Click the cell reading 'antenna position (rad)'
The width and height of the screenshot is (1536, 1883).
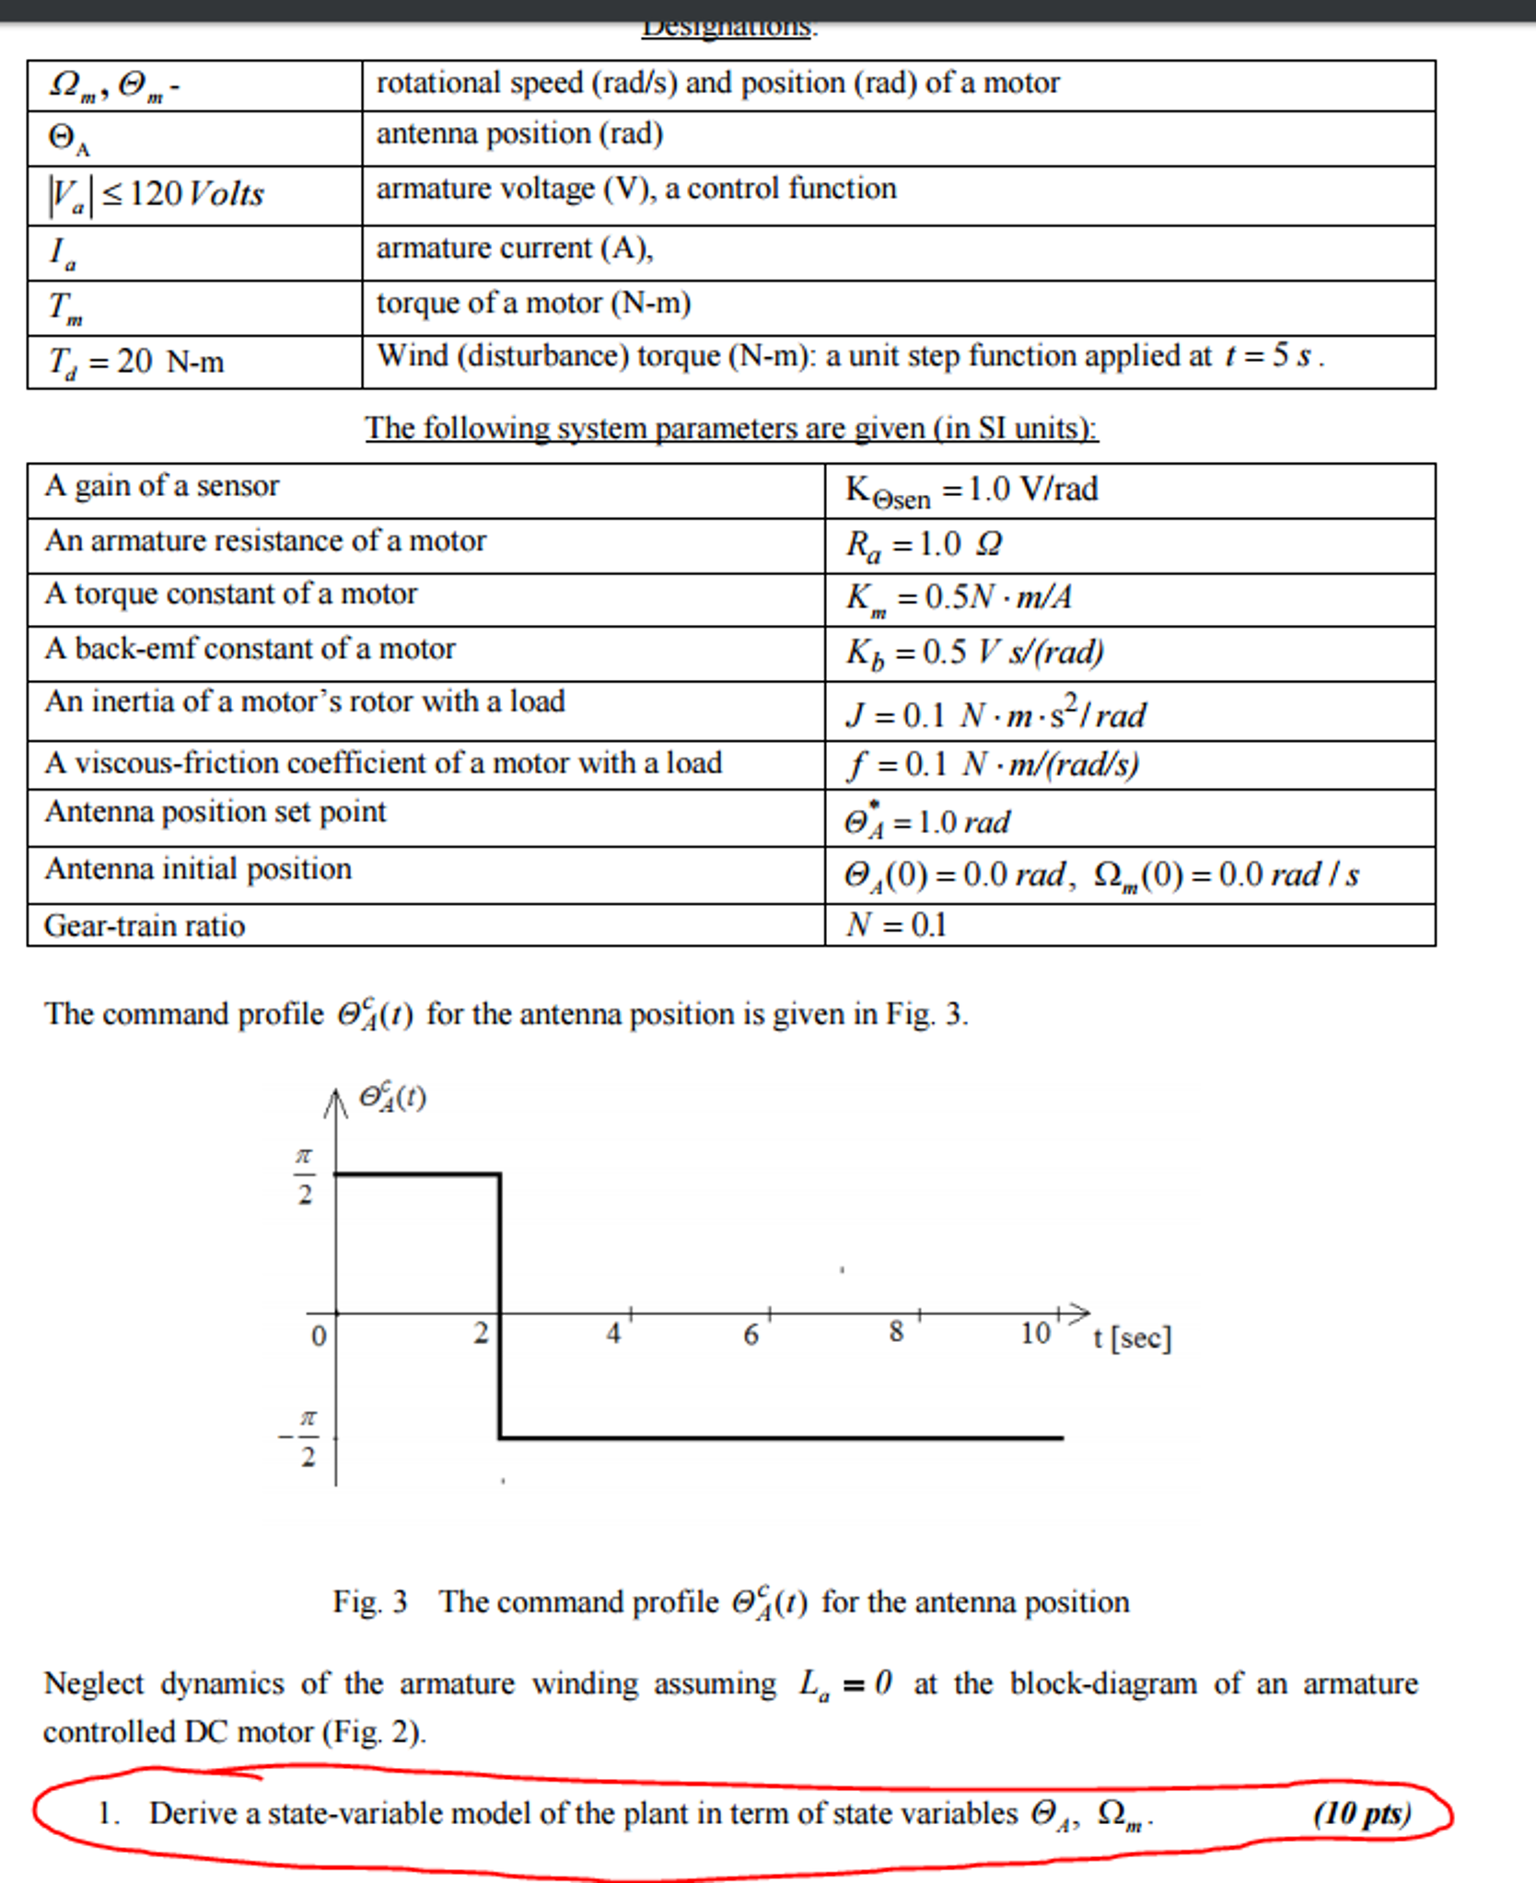(519, 134)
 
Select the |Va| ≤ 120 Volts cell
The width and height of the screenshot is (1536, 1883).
(157, 194)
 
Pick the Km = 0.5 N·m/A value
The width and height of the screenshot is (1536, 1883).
(959, 598)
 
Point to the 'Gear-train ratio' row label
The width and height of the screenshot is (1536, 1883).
(145, 925)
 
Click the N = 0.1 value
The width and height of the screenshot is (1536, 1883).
(897, 924)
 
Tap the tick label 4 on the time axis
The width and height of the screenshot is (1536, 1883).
(613, 1333)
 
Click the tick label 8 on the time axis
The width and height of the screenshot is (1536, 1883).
(896, 1332)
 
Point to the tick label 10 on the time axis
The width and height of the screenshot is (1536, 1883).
(1035, 1333)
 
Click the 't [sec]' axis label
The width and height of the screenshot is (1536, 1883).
(1132, 1337)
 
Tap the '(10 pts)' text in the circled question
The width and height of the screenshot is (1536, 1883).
(1361, 1813)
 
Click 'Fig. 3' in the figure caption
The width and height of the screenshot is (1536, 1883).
(369, 1602)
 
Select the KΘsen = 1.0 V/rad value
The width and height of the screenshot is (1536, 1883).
(972, 491)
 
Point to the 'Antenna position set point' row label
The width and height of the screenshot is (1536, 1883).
(215, 812)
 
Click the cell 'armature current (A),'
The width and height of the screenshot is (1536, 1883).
(515, 248)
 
